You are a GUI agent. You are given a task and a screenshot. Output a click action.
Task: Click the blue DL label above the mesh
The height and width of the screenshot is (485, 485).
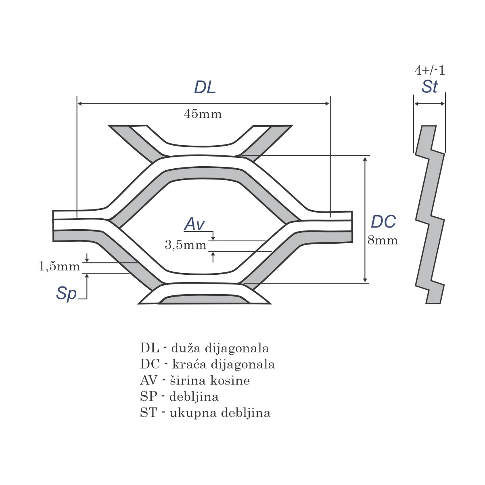pyautogui.click(x=205, y=88)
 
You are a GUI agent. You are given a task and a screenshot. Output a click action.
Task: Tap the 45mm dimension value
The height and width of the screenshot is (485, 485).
pyautogui.click(x=203, y=114)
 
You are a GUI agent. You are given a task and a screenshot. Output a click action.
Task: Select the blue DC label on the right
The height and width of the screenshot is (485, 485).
pyautogui.click(x=383, y=222)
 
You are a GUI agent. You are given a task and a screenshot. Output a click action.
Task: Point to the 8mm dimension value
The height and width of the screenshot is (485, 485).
pyautogui.click(x=383, y=240)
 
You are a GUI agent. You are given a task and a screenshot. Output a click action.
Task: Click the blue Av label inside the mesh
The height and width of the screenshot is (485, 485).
pyautogui.click(x=194, y=224)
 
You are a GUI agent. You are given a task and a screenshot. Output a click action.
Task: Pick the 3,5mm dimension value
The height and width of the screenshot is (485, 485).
pyautogui.click(x=185, y=245)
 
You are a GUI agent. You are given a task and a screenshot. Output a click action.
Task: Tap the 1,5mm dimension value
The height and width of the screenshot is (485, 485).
pyautogui.click(x=59, y=266)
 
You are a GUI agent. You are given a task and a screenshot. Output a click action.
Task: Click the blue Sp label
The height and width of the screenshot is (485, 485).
pyautogui.click(x=66, y=293)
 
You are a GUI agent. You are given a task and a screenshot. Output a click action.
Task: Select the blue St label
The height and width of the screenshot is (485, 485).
pyautogui.click(x=429, y=87)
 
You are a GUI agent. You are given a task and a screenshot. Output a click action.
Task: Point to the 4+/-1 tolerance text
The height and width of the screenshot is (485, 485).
pyautogui.click(x=430, y=71)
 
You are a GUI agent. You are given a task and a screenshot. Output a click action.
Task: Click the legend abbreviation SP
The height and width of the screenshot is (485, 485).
pyautogui.click(x=148, y=397)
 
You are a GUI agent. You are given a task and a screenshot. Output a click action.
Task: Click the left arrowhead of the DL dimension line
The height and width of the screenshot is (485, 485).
pyautogui.click(x=80, y=104)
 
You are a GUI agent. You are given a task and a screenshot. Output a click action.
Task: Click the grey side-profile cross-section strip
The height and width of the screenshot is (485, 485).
pyautogui.click(x=430, y=214)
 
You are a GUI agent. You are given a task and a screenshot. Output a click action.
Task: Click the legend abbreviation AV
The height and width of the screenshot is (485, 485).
pyautogui.click(x=148, y=380)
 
